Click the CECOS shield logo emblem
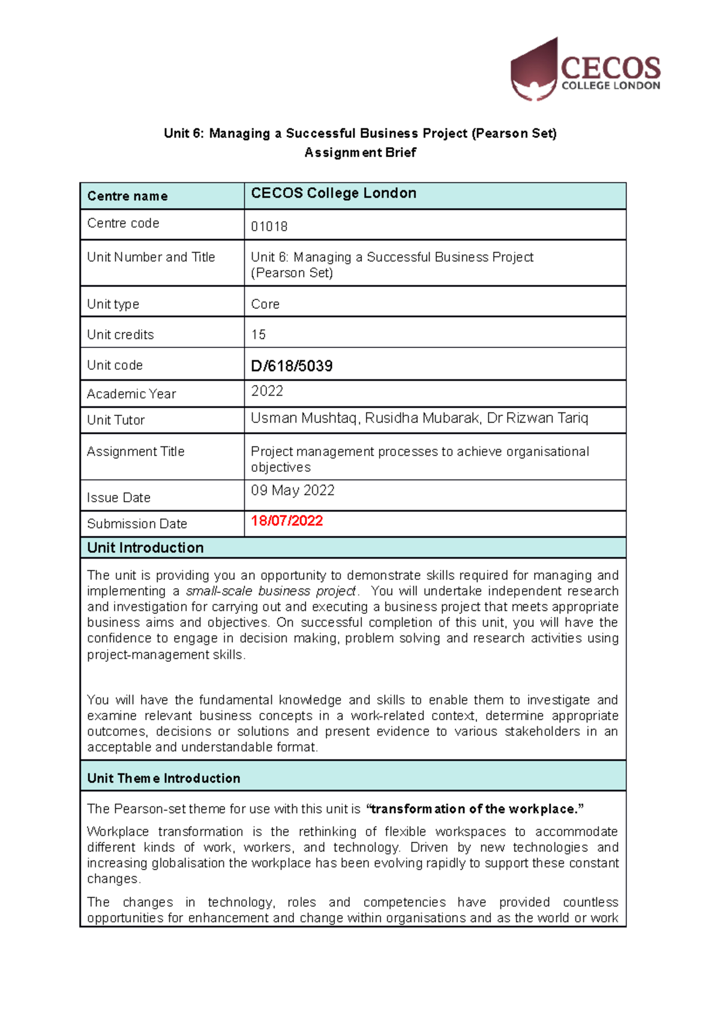point(533,71)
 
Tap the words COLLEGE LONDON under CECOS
point(610,86)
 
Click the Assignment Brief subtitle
point(360,152)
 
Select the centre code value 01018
point(269,226)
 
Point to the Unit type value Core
point(265,304)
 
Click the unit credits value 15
point(258,334)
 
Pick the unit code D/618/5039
point(292,366)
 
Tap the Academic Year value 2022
point(267,391)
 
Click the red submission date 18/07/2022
point(287,521)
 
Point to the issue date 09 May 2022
point(293,490)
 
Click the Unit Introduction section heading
point(145,548)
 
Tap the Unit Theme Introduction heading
point(163,778)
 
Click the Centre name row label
point(127,196)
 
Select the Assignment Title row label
point(136,451)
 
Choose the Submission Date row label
point(137,524)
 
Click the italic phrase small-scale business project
point(271,591)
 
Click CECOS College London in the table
point(334,193)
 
